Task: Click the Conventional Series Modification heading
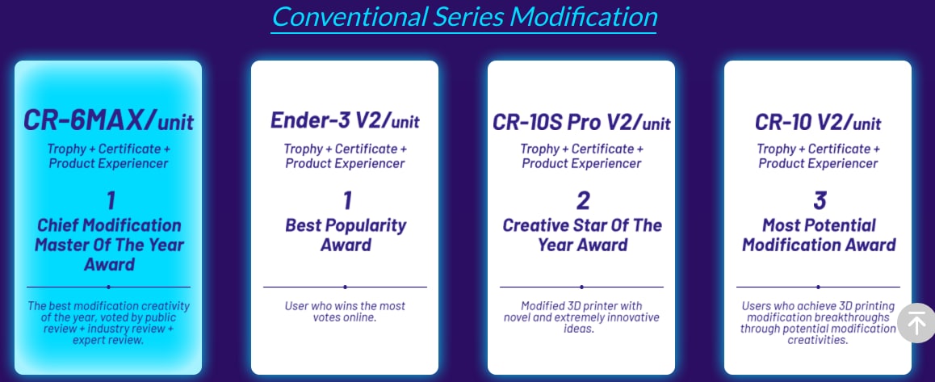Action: [464, 17]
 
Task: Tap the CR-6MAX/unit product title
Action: [108, 120]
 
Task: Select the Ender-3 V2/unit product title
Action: [345, 120]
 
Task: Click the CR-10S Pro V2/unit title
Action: [581, 122]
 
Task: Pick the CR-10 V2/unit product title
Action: [818, 122]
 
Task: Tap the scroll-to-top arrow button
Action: [916, 323]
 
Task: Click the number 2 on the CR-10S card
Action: [582, 201]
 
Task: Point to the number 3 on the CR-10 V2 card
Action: [820, 201]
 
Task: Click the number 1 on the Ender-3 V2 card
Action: [347, 201]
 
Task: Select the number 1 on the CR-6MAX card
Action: [111, 201]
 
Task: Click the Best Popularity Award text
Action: [346, 234]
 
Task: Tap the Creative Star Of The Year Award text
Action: [582, 234]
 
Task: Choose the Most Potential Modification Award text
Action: [819, 234]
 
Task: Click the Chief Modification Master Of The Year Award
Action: [109, 245]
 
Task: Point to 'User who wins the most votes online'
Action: [345, 312]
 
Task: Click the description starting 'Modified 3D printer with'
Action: [581, 317]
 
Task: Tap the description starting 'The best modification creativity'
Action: [108, 323]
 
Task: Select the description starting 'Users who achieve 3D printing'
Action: [818, 323]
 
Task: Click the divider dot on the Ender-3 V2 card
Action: [346, 287]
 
